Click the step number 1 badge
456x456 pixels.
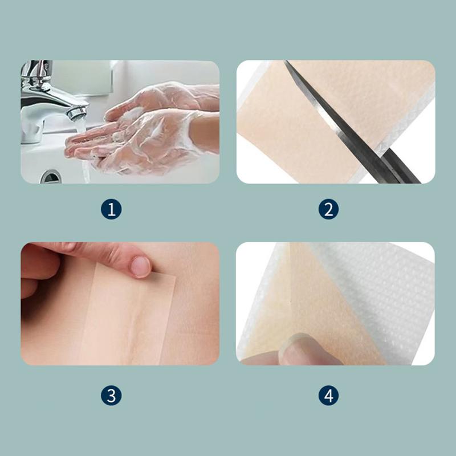tap(111, 209)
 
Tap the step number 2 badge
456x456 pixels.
tap(328, 209)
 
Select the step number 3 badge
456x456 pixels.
tap(111, 396)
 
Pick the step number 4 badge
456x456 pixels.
tap(328, 396)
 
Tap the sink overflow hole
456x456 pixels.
tap(51, 177)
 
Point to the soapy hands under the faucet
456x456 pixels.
tap(142, 128)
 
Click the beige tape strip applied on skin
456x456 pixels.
tap(128, 317)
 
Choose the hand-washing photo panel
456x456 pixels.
tap(120, 122)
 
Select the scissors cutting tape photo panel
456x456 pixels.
tap(336, 122)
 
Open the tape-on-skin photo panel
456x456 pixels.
tap(120, 304)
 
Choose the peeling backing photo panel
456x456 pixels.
tap(335, 304)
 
